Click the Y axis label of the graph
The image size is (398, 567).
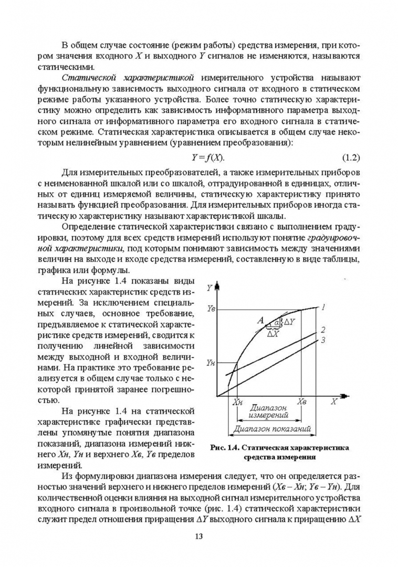coord(210,288)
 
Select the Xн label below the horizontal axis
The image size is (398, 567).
coord(237,402)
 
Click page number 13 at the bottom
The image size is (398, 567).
coord(198,536)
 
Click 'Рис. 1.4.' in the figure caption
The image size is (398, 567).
coord(224,448)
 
